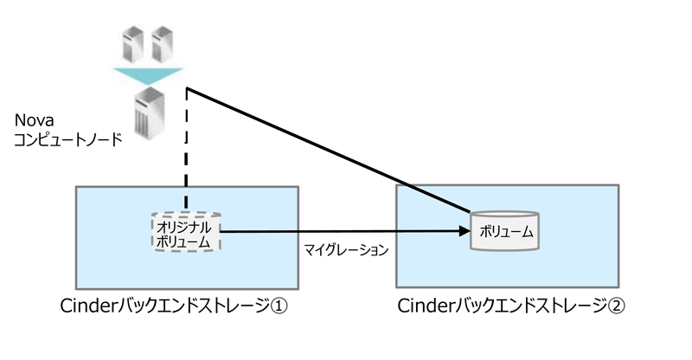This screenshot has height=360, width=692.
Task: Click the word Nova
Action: point(34,120)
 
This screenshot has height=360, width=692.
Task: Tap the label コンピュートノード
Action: point(68,139)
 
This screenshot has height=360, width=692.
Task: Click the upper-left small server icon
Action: point(133,44)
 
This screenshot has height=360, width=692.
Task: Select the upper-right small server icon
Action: point(162,44)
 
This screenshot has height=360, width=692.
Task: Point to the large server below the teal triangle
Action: point(150,113)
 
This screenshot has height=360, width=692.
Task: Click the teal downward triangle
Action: point(148,76)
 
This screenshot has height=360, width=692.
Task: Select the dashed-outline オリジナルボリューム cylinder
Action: point(186,231)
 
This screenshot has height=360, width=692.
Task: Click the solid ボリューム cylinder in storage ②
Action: point(505,231)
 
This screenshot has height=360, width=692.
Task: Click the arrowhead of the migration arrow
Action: point(465,231)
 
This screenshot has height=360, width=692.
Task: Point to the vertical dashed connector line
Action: point(187,149)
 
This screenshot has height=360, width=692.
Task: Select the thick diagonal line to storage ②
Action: point(329,151)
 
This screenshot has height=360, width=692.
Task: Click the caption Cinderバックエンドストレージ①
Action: point(174,305)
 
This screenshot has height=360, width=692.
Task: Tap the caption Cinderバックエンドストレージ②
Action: point(511,305)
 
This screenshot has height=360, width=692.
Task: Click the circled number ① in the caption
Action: point(279,306)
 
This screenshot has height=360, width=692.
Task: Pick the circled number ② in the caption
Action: point(616,306)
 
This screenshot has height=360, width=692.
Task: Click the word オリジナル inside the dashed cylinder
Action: point(184,228)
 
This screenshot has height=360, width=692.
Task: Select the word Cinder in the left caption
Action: point(88,305)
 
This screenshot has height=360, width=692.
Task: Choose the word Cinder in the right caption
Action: point(425,305)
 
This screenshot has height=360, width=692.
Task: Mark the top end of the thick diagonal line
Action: point(187,88)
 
